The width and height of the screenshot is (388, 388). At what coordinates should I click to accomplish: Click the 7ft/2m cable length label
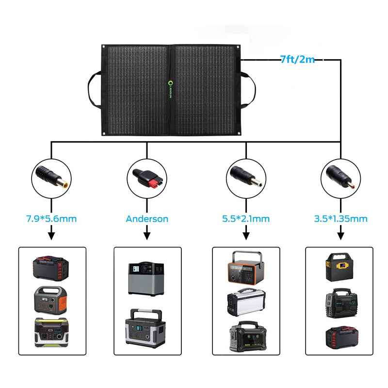coord(297,60)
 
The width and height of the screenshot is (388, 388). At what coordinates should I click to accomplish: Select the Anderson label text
coord(147,219)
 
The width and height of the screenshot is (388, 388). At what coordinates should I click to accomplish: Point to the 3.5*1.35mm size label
coord(340,219)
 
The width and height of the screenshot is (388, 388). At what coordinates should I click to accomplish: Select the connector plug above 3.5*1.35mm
coord(341,175)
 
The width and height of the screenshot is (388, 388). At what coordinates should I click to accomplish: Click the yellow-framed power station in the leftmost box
coord(51,332)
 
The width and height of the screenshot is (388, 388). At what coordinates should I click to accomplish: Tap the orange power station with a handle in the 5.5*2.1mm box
coord(246,268)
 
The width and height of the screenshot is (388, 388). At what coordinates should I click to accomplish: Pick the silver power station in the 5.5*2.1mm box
coord(246,302)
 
